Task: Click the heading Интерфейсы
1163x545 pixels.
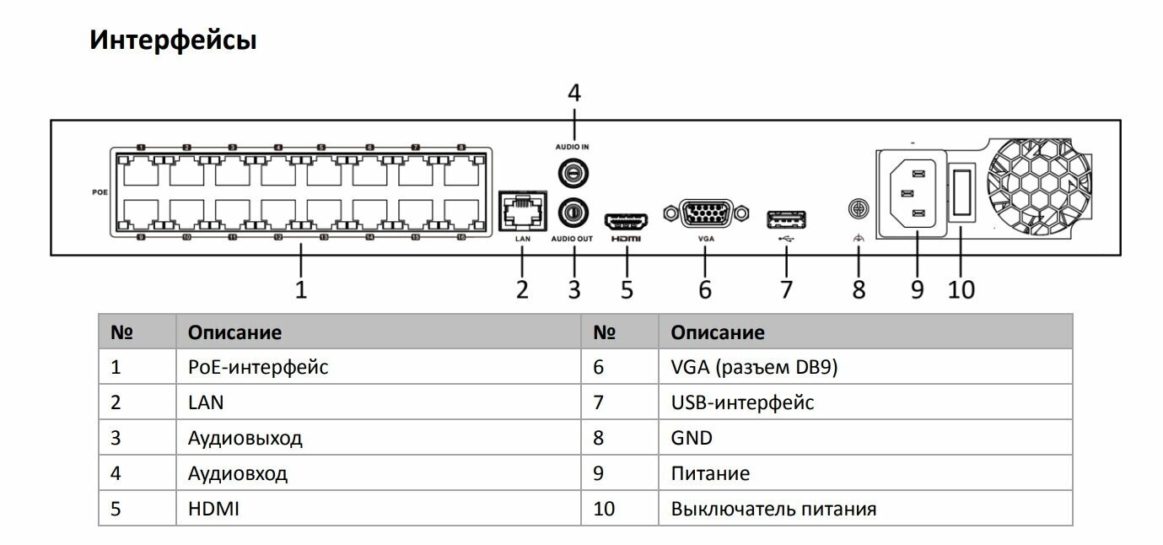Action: [173, 40]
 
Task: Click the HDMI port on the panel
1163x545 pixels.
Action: [625, 221]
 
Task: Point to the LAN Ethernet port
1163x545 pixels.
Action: [523, 210]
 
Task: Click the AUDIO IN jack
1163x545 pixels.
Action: [573, 172]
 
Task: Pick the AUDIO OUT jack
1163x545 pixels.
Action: [573, 211]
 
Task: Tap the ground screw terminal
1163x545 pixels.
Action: [859, 206]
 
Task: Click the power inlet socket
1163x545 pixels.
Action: [916, 193]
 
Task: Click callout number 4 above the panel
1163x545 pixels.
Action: [573, 93]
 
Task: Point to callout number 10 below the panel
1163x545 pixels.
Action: [961, 289]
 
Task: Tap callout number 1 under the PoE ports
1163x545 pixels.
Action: [300, 289]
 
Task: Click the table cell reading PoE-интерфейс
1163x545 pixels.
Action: [258, 367]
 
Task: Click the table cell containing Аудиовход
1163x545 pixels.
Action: [238, 473]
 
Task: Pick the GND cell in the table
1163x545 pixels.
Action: [692, 438]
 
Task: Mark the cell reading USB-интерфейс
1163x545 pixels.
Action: [742, 402]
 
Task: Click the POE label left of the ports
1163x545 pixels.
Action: [100, 192]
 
